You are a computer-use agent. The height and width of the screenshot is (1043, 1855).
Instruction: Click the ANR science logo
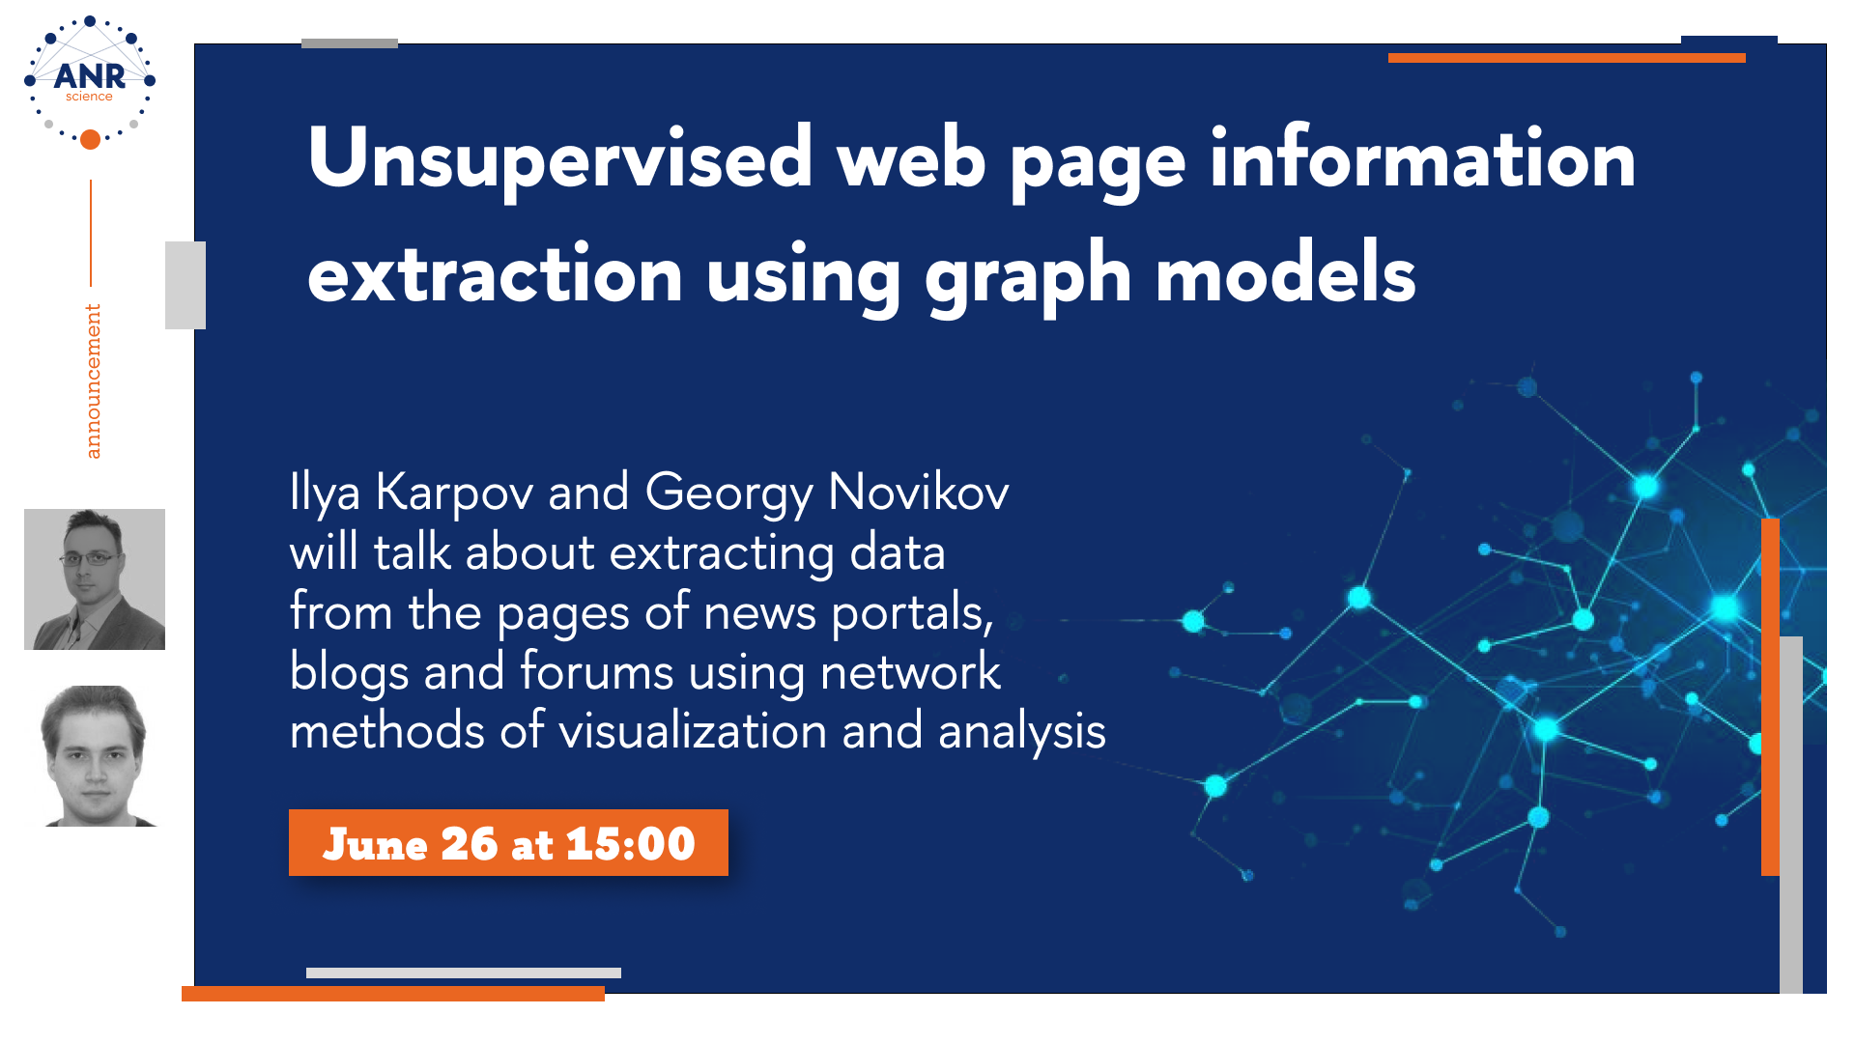pyautogui.click(x=90, y=83)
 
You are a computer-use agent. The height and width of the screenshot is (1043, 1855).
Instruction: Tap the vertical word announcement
pyautogui.click(x=93, y=381)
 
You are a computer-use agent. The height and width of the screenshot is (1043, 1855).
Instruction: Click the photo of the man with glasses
pyautogui.click(x=95, y=579)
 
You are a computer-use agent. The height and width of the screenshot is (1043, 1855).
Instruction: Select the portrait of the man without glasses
pyautogui.click(x=95, y=756)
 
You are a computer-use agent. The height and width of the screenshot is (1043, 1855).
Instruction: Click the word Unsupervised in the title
pyautogui.click(x=560, y=160)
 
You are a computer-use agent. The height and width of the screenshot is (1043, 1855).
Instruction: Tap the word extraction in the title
pyautogui.click(x=495, y=274)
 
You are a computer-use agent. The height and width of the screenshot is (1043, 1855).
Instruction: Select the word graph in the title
pyautogui.click(x=1027, y=279)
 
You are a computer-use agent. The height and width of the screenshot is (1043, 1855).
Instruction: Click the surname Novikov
pyautogui.click(x=919, y=492)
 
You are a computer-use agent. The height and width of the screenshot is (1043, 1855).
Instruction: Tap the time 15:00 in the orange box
pyautogui.click(x=630, y=844)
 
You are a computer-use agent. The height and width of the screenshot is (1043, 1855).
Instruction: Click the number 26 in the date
pyautogui.click(x=469, y=844)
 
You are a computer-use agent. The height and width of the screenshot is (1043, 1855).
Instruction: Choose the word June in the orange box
pyautogui.click(x=375, y=844)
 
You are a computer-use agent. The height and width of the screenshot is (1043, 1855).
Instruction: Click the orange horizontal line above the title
pyautogui.click(x=1567, y=58)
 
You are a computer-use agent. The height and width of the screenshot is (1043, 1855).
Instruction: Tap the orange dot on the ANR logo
pyautogui.click(x=90, y=140)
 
